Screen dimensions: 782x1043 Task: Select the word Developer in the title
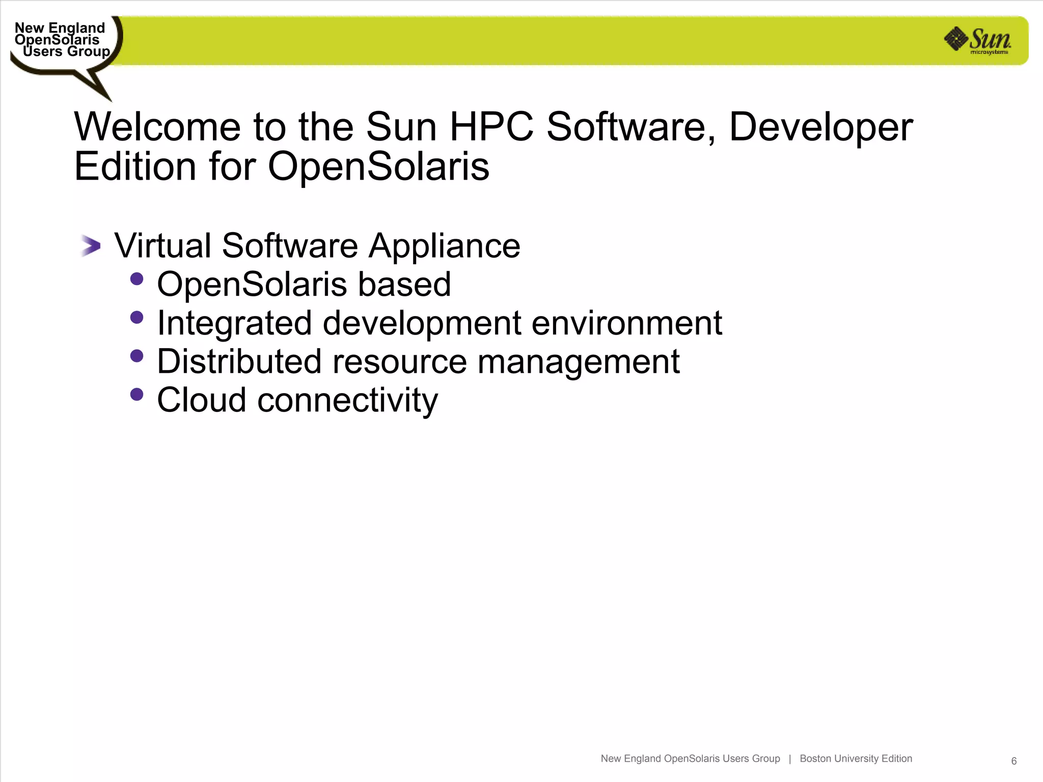click(820, 127)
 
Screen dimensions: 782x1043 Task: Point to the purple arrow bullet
click(91, 246)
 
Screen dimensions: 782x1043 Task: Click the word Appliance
click(444, 246)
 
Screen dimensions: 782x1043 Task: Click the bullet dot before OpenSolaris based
click(136, 279)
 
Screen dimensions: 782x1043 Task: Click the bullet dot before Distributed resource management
click(136, 356)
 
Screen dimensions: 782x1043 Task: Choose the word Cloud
click(202, 400)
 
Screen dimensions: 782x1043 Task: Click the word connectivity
click(347, 401)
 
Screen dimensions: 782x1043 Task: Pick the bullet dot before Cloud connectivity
click(136, 395)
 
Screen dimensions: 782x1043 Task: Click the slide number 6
click(1013, 761)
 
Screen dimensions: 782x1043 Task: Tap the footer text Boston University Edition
click(856, 759)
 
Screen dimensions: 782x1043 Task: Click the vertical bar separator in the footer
click(790, 759)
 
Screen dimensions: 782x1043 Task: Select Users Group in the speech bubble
click(66, 51)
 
